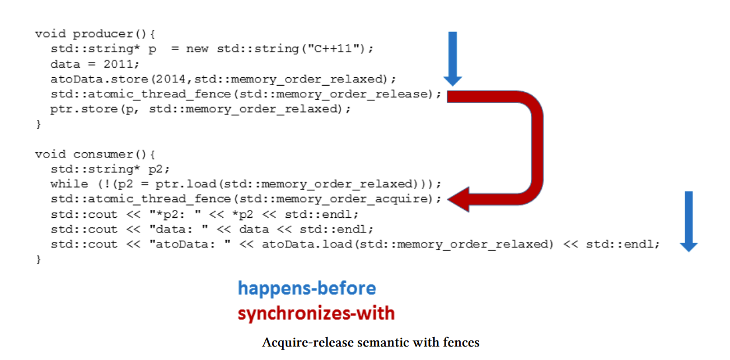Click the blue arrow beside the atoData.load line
coord(689,221)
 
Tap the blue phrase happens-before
coord(307,288)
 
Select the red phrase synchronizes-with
coord(316,314)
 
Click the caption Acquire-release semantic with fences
coord(371,342)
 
